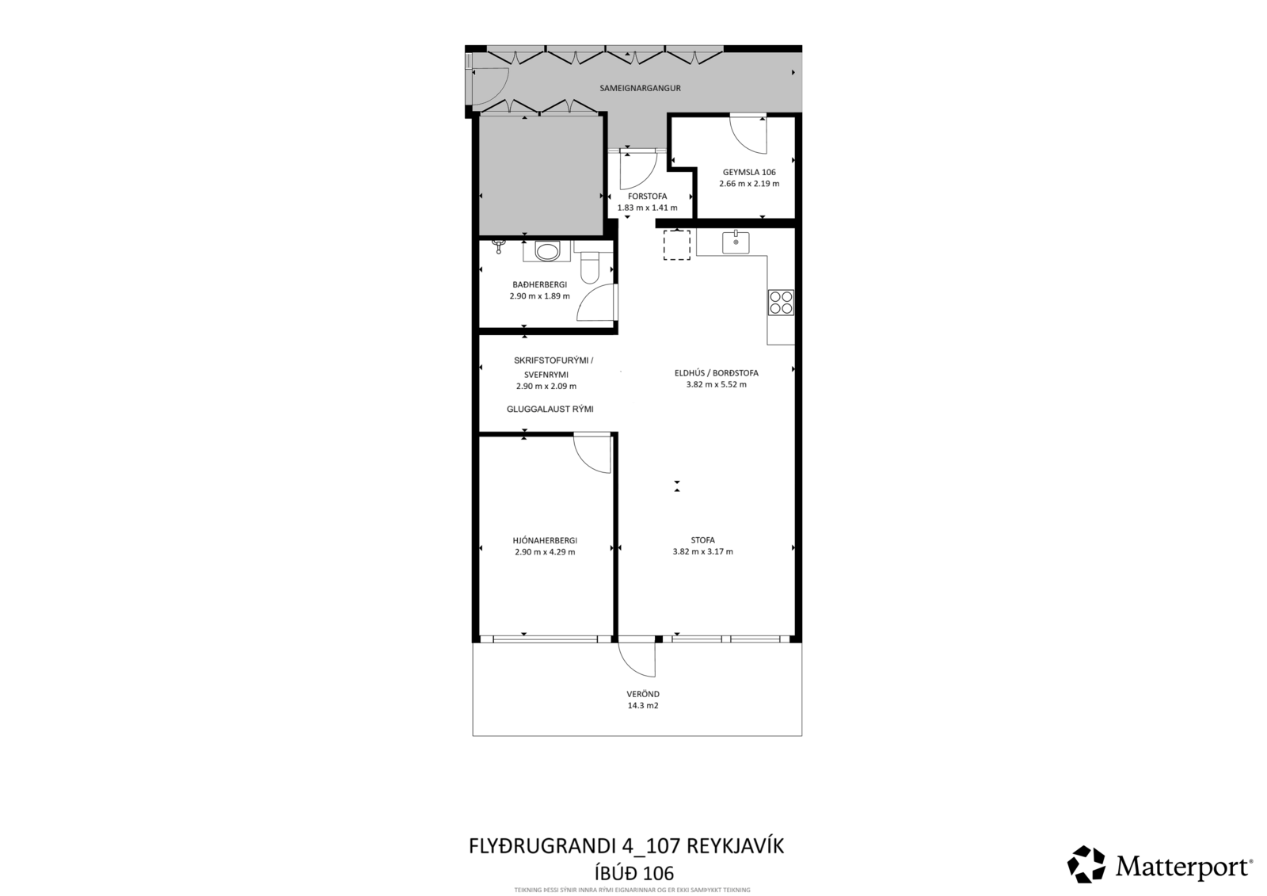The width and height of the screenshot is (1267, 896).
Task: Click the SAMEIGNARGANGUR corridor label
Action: (640, 88)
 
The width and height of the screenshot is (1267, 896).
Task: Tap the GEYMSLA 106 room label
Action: (749, 172)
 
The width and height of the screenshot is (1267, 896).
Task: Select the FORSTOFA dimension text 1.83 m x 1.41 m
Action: (647, 208)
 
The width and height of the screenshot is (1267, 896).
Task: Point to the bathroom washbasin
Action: (547, 251)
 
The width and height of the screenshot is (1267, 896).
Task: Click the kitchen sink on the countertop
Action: (736, 242)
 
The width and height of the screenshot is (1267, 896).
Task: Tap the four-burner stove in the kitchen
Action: (781, 303)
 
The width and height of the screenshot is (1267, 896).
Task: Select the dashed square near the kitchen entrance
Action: (676, 245)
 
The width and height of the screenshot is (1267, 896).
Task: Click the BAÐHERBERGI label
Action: (539, 284)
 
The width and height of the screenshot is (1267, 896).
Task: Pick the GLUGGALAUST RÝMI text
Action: (550, 410)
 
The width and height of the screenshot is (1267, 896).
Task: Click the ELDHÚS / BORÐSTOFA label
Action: (716, 373)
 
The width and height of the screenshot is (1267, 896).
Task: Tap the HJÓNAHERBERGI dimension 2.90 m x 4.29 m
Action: (545, 552)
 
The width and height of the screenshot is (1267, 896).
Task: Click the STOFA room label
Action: (702, 540)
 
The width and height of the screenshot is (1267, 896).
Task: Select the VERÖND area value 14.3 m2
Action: (643, 706)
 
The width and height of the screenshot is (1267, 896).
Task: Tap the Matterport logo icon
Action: (1086, 864)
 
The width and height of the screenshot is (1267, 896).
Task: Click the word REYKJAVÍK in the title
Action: (736, 846)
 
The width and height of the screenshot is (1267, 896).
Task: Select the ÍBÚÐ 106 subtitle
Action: (626, 874)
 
